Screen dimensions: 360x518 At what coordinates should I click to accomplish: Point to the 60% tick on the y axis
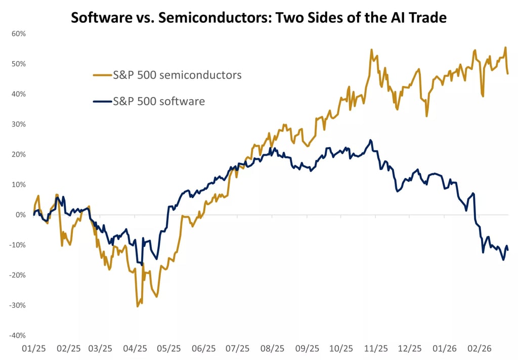pyautogui.click(x=19, y=34)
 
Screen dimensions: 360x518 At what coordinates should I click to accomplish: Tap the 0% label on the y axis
pyautogui.click(x=20, y=215)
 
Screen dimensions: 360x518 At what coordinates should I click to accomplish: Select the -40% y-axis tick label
pyautogui.click(x=18, y=335)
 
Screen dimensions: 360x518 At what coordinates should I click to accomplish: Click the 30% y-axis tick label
pyautogui.click(x=19, y=124)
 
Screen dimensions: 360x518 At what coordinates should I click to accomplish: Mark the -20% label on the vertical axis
pyautogui.click(x=18, y=275)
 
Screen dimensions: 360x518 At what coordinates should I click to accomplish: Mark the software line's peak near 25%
pyautogui.click(x=371, y=140)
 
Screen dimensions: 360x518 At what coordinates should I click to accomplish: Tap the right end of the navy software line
pyautogui.click(x=508, y=250)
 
